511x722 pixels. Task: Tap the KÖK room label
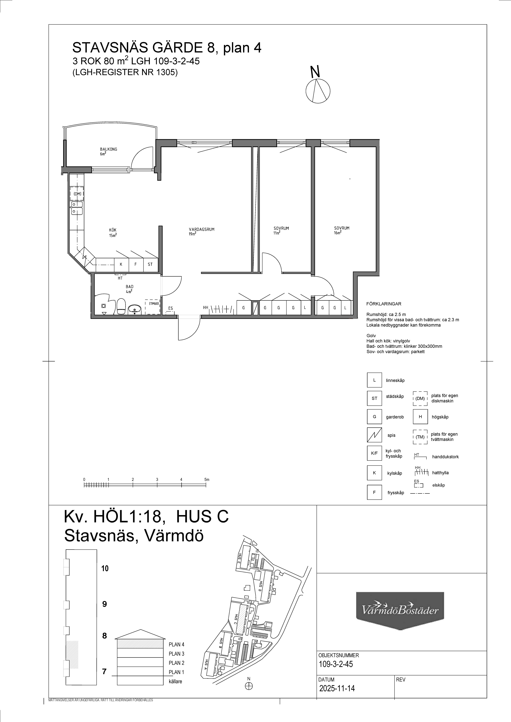[113, 230]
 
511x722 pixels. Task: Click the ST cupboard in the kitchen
[150, 264]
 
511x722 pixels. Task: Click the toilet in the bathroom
[121, 307]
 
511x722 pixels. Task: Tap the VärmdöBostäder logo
[400, 611]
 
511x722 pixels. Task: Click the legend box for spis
[374, 435]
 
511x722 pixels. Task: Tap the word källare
[175, 681]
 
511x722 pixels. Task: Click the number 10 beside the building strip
[105, 568]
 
